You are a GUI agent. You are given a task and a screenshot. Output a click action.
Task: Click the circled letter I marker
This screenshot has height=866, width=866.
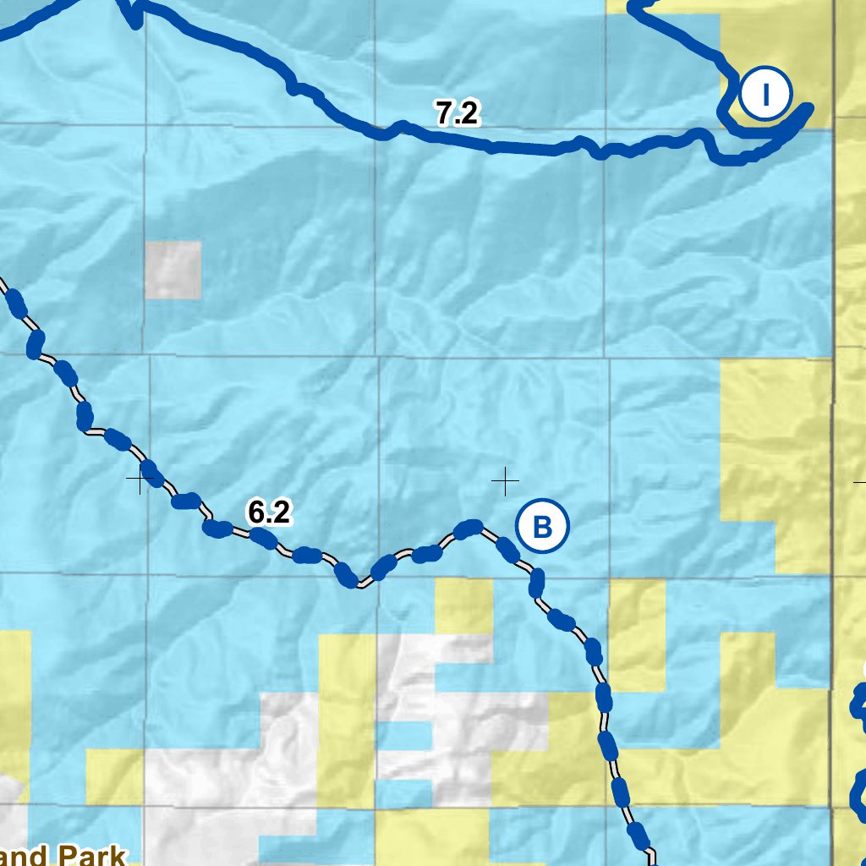pos(765,95)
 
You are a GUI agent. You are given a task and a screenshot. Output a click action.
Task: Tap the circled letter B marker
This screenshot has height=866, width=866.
pos(542,527)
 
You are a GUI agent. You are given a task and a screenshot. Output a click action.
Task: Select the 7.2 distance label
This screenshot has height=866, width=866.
pos(458,113)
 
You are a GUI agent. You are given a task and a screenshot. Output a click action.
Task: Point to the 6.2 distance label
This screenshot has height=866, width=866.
pos(269,512)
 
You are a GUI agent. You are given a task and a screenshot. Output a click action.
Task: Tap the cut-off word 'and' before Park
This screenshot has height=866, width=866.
pos(25,857)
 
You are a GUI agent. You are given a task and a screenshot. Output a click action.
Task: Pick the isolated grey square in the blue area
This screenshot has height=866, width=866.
pos(173,270)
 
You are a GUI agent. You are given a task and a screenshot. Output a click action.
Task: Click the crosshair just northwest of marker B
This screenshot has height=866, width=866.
pos(505,481)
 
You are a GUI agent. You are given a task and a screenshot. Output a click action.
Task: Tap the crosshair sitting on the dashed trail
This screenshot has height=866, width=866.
pos(139,480)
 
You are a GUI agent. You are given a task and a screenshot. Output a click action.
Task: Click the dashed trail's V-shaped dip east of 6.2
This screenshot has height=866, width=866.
pos(361,584)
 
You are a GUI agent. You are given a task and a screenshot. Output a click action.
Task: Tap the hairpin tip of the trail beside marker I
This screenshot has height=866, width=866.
pos(808,108)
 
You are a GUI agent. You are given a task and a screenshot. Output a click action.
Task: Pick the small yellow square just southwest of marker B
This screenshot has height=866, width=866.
pos(463,606)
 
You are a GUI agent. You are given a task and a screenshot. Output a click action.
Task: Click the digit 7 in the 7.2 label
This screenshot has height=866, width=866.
pos(445,113)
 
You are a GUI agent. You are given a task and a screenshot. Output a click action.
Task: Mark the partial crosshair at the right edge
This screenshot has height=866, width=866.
pos(860,481)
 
